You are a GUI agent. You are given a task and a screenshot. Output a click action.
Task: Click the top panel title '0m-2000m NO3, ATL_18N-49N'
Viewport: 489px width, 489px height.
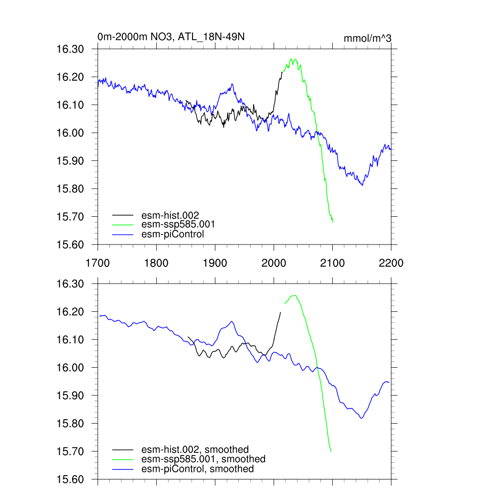coord(171,37)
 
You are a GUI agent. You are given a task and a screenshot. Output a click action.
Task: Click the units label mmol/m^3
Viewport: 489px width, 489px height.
coord(368,38)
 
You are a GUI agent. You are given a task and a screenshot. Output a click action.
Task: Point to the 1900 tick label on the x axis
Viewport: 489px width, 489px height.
coord(215,263)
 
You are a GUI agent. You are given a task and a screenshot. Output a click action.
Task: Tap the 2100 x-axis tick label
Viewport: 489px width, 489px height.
coord(332,263)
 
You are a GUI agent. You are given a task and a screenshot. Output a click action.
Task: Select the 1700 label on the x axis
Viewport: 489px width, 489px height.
coord(97,263)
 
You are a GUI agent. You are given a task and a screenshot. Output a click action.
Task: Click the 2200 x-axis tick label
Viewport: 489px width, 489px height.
coord(391,263)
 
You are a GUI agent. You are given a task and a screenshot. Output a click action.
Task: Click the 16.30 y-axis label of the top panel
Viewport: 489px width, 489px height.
coord(70,49)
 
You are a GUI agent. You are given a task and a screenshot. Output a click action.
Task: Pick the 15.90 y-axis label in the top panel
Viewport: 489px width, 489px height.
coord(70,161)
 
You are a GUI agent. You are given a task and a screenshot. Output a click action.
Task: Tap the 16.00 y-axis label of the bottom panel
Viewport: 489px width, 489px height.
coord(70,368)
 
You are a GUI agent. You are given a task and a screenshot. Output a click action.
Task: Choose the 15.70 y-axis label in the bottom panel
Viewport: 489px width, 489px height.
coord(70,451)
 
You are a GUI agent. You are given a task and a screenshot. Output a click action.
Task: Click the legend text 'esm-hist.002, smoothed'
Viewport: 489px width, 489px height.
coord(195,449)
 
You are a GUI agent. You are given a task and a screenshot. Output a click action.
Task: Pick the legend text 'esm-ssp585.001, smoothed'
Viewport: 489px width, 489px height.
coord(203,459)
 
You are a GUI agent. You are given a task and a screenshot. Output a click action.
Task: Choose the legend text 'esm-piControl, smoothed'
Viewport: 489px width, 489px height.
coord(198,469)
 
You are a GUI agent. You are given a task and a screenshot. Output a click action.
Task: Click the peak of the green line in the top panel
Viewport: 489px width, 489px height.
coord(291,59)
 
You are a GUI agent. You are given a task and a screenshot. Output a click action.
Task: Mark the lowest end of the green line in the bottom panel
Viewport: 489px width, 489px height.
coord(331,451)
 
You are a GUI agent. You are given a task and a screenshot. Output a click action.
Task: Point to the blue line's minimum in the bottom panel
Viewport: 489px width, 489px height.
coord(361,418)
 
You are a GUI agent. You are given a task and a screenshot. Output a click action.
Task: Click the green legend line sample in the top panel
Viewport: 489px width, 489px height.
coord(123,224)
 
